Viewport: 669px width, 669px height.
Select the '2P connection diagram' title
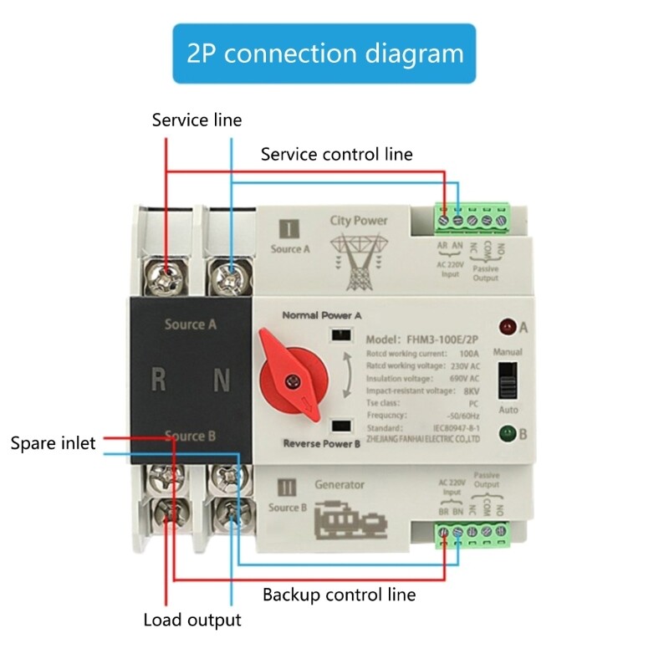(x=324, y=54)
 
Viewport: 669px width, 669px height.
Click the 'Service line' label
(x=197, y=120)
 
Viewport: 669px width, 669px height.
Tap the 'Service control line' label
(x=336, y=154)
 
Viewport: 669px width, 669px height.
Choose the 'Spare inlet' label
(x=54, y=442)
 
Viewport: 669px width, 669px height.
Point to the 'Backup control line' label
(x=339, y=595)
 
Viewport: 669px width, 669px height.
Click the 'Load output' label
(x=192, y=620)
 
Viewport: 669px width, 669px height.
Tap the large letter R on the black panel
(x=158, y=380)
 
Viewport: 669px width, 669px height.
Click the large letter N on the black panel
(x=222, y=380)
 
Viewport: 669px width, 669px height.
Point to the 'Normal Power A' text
(x=321, y=316)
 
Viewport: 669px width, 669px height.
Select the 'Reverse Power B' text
(x=321, y=443)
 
